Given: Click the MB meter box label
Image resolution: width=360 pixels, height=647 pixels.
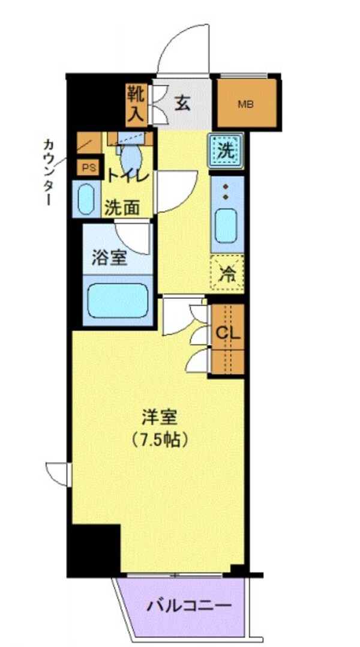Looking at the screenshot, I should tap(245, 104).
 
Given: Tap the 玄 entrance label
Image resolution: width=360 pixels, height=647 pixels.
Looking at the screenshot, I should tap(182, 103).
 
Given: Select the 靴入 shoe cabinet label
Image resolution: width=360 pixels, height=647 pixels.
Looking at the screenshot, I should tap(135, 104).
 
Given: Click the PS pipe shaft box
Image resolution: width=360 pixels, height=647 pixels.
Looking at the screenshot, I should tap(89, 168).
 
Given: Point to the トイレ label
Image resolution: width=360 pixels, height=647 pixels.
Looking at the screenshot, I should tap(128, 176).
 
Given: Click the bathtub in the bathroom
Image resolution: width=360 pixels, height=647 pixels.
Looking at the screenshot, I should tap(118, 301).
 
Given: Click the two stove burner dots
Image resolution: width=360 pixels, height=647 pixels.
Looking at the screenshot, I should tap(226, 192).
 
